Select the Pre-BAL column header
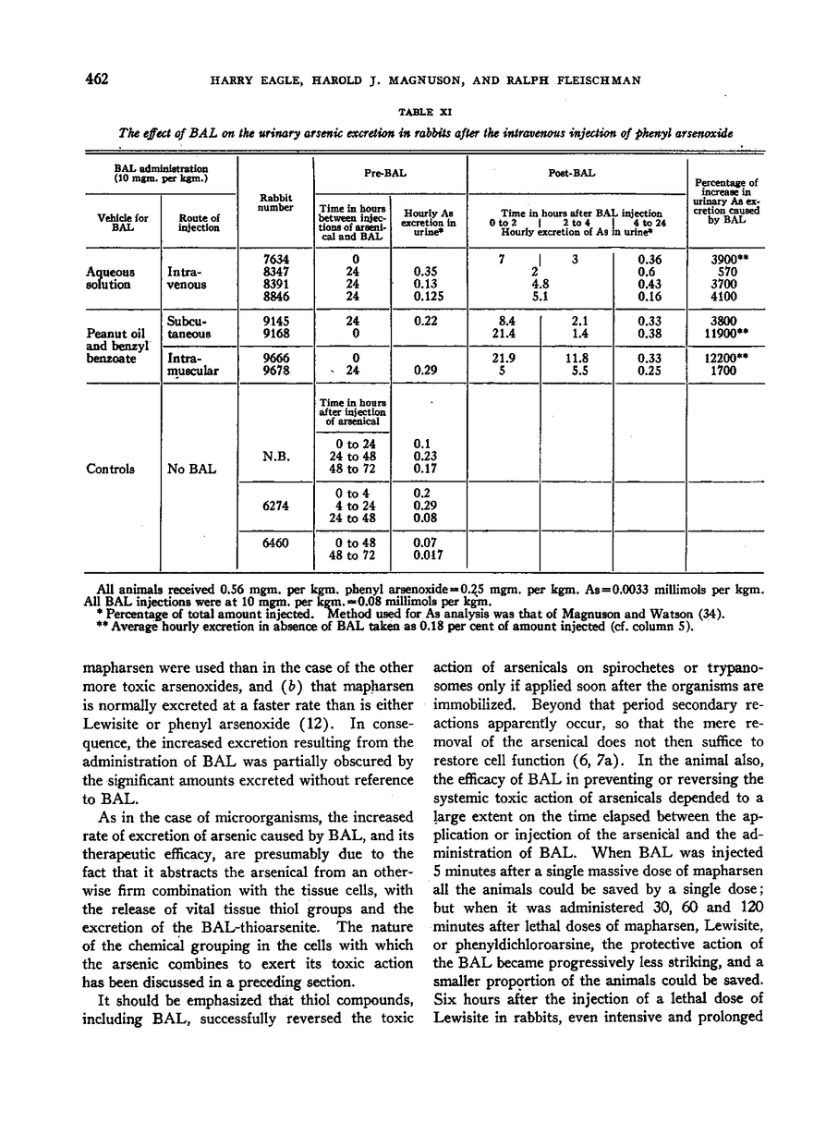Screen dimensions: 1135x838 pyautogui.click(x=390, y=172)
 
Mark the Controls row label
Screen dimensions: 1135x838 pyautogui.click(x=112, y=469)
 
